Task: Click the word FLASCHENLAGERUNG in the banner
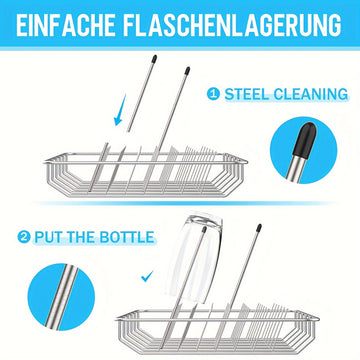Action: tap(232, 25)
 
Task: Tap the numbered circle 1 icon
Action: tap(213, 94)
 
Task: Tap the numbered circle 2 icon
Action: tap(24, 237)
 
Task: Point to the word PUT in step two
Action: tap(48, 237)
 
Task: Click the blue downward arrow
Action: tap(120, 110)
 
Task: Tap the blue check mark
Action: tap(147, 276)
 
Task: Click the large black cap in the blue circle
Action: tap(305, 139)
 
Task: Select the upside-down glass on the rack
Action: tap(194, 258)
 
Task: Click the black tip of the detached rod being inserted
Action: tap(154, 59)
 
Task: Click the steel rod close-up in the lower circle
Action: tap(62, 297)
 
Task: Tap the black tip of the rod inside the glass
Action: tap(204, 230)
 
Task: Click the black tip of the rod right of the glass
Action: tap(259, 228)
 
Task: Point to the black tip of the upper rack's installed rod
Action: tap(187, 71)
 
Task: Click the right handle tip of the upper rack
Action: tap(246, 162)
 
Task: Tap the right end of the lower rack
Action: tap(317, 319)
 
